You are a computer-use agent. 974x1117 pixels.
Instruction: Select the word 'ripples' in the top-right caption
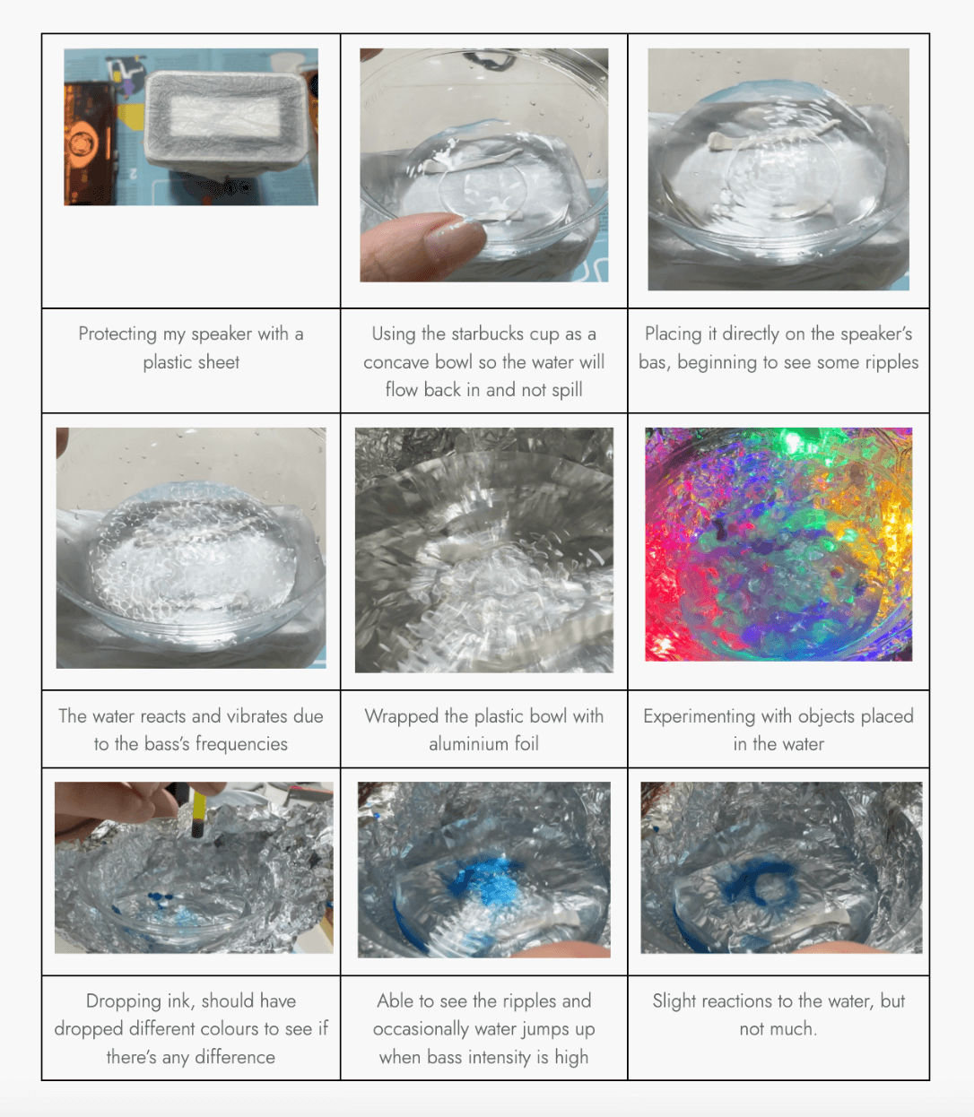point(892,362)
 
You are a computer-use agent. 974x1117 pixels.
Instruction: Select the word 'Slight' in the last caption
point(674,1001)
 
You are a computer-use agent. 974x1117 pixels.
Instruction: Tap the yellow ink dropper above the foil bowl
point(198,812)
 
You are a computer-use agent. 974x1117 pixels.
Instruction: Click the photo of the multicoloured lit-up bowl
point(778,544)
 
